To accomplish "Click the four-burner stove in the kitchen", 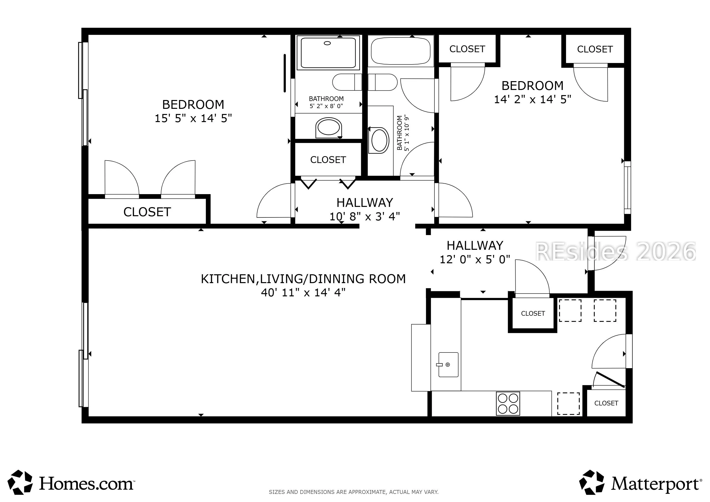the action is coord(508,403).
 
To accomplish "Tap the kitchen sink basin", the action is coord(448,365).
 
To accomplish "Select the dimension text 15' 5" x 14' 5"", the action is coord(193,118).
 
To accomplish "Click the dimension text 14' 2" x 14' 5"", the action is coord(532,99).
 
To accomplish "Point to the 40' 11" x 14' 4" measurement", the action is coord(303,292).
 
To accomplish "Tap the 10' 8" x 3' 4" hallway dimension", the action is coord(365,216).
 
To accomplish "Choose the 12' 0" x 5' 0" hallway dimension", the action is coord(475,259).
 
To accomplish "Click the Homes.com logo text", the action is coord(87,483).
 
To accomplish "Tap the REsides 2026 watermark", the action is coord(615,251).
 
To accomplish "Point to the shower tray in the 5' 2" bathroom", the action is coord(329,52).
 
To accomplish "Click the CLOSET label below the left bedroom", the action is coord(147,212).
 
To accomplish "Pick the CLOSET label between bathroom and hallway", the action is coord(328,160).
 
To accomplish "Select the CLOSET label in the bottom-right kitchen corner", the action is coord(606,403).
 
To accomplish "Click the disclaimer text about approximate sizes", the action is coord(354,492).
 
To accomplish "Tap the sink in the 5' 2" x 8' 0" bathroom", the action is coord(329,128).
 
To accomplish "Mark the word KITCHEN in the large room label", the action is coord(228,279).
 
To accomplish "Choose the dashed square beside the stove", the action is coord(568,403).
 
